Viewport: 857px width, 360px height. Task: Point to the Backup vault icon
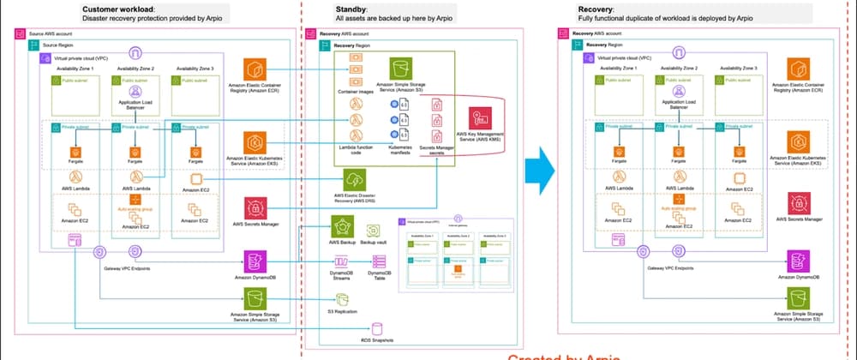point(375,231)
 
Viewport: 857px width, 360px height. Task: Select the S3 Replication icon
point(343,299)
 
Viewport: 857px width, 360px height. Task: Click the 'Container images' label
point(354,90)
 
